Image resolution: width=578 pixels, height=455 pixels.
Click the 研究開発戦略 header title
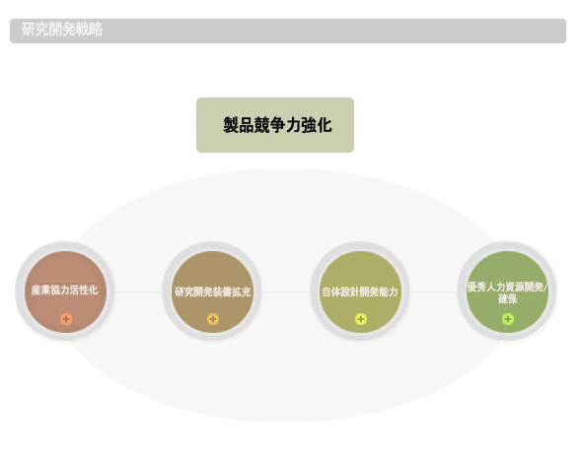(x=62, y=30)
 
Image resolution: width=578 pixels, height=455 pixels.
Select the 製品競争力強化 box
(x=275, y=125)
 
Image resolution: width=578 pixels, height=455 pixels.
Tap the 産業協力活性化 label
(x=64, y=291)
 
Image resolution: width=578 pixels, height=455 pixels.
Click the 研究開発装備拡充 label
(x=213, y=292)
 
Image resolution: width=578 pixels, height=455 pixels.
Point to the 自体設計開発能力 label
(x=360, y=292)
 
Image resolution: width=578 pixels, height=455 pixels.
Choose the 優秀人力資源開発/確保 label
(x=508, y=292)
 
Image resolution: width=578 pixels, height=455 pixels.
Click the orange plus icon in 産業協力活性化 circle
(x=66, y=319)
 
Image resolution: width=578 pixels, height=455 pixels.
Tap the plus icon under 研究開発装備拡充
(x=213, y=319)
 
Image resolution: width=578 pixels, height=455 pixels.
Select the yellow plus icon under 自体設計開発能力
(x=361, y=319)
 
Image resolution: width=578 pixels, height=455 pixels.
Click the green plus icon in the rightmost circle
(x=508, y=319)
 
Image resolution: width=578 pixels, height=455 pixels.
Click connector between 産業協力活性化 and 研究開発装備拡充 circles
(x=139, y=292)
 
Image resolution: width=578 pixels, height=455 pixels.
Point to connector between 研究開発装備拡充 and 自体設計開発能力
(x=286, y=292)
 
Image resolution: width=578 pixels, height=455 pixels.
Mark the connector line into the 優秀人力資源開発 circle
(x=434, y=292)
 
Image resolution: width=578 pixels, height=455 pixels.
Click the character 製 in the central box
(x=231, y=125)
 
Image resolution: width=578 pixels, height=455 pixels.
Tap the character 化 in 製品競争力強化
(x=325, y=125)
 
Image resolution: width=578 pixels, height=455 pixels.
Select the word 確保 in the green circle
(x=508, y=299)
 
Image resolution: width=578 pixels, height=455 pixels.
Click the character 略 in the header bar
(x=96, y=30)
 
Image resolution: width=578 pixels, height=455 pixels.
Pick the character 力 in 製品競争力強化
(x=293, y=125)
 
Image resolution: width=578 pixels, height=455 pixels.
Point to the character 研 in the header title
(x=28, y=30)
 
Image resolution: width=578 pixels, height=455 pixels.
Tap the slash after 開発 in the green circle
(x=545, y=287)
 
